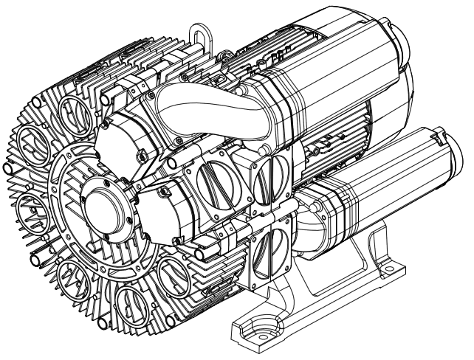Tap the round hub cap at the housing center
(x=103, y=210)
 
